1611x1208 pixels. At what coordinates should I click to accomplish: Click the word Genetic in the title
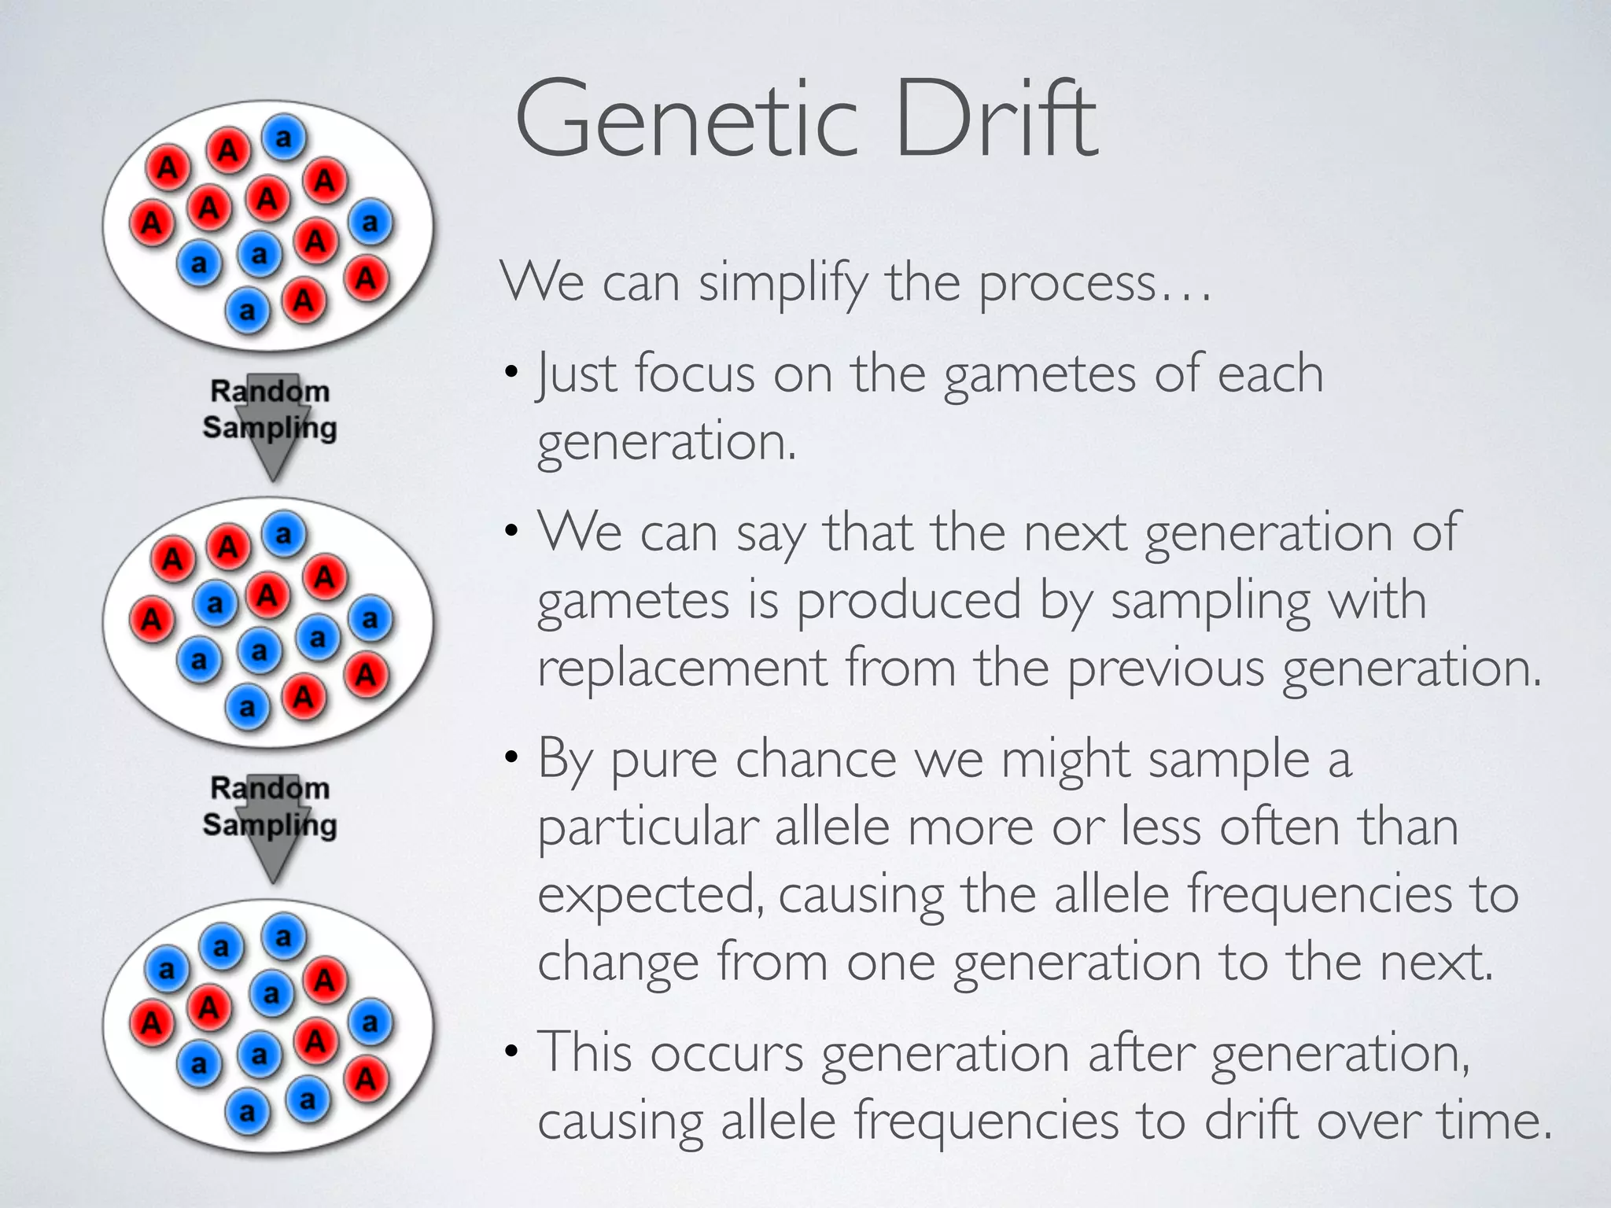coord(684,120)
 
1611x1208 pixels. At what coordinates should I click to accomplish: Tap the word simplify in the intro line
coord(783,283)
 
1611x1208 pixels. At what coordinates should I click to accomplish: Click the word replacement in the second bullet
coord(681,668)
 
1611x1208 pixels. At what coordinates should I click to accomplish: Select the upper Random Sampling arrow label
coord(270,410)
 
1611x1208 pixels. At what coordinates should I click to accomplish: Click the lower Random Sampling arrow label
coord(270,807)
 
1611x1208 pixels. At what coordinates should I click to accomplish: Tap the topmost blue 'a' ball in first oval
coord(283,138)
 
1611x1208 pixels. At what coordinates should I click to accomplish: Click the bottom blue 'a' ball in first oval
coord(248,311)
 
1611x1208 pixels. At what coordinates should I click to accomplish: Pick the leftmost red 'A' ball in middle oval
coord(151,619)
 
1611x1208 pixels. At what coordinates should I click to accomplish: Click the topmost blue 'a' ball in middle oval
coord(283,535)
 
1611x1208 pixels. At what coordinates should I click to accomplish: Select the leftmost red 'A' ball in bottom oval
coord(151,1023)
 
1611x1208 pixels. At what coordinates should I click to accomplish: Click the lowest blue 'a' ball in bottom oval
coord(248,1112)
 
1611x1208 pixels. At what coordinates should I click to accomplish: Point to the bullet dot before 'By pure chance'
coord(512,758)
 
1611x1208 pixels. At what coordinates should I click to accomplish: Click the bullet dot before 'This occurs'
coord(512,1051)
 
